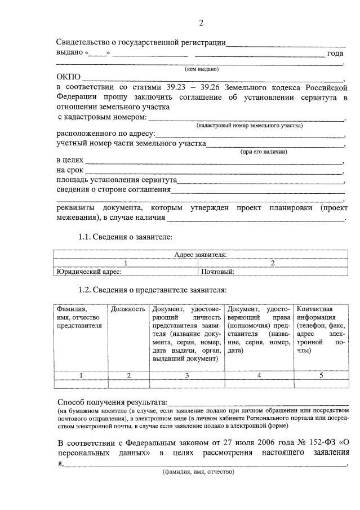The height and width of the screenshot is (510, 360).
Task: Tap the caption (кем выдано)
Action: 202,69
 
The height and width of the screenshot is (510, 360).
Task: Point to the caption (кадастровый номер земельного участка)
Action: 250,125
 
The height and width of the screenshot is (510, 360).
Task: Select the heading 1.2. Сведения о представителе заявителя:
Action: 152,290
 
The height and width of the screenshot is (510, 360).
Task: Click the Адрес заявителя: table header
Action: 201,255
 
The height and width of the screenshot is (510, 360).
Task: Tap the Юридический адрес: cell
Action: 90,271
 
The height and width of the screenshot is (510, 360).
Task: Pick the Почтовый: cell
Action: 218,271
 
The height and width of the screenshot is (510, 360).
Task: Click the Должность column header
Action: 128,309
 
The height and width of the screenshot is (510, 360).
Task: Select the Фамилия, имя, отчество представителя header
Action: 79,317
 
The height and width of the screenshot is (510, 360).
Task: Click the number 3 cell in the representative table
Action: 186,375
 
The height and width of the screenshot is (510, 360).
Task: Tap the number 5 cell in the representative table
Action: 320,375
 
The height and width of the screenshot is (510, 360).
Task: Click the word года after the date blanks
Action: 335,54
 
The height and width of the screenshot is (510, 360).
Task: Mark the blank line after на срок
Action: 214,170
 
